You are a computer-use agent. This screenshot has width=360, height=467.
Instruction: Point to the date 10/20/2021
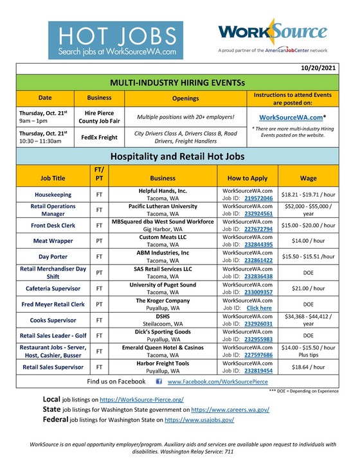point(318,67)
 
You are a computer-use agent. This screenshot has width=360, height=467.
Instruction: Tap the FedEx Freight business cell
point(99,137)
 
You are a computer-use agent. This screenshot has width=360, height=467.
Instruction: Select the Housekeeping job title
point(53,195)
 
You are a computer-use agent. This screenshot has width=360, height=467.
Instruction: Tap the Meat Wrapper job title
point(53,242)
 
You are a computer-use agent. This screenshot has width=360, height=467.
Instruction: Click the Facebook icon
point(159,382)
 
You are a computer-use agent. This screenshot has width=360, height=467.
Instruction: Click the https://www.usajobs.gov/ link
point(199,419)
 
